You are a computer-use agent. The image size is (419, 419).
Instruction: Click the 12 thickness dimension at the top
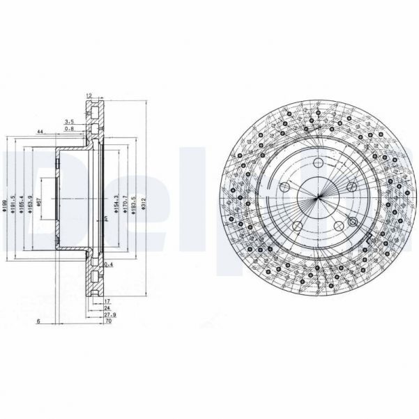click(x=89, y=96)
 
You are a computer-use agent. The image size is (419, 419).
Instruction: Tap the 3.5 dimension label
click(x=70, y=121)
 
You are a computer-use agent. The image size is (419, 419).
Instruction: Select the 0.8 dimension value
click(x=70, y=129)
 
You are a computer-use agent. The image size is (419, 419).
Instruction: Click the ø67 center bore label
click(x=41, y=203)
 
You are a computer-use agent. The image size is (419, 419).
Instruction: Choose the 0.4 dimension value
click(x=108, y=266)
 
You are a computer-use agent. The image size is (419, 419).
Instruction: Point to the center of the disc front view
click(x=317, y=198)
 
